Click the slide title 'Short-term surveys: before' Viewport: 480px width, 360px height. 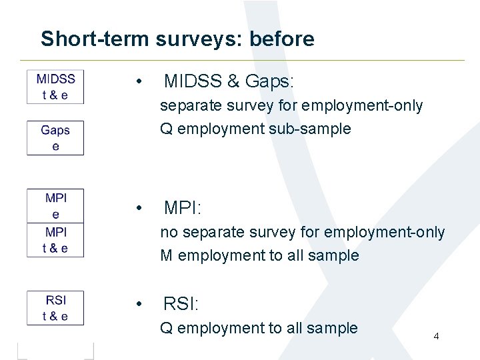tap(177, 39)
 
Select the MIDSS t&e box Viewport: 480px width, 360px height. tap(55, 87)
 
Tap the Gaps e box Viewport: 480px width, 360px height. tap(55, 138)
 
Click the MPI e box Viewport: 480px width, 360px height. tap(55, 206)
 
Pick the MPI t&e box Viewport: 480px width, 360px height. tap(55, 240)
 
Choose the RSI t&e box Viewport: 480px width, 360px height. tap(55, 308)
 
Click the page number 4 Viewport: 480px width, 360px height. tap(436, 336)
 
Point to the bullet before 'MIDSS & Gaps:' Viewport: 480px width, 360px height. tap(137, 82)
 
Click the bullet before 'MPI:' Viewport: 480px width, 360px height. tap(137, 209)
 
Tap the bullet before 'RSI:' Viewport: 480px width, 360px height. tap(137, 305)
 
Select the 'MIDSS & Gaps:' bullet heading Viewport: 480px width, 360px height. tap(229, 82)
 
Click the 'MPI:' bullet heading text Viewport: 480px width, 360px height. tap(182, 209)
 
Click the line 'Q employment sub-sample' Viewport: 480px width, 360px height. tap(255, 129)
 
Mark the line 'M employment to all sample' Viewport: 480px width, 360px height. tap(259, 255)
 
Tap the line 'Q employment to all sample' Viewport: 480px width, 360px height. tap(259, 328)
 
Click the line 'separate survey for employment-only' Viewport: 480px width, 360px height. tap(291, 106)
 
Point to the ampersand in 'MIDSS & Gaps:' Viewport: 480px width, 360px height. tap(233, 82)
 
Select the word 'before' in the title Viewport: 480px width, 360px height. tap(281, 39)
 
